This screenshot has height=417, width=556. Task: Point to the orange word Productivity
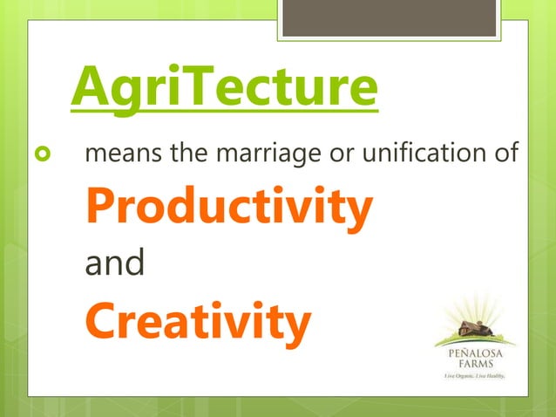point(228,208)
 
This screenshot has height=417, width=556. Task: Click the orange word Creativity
point(197,321)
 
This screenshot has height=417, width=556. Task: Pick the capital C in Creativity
point(101,321)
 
